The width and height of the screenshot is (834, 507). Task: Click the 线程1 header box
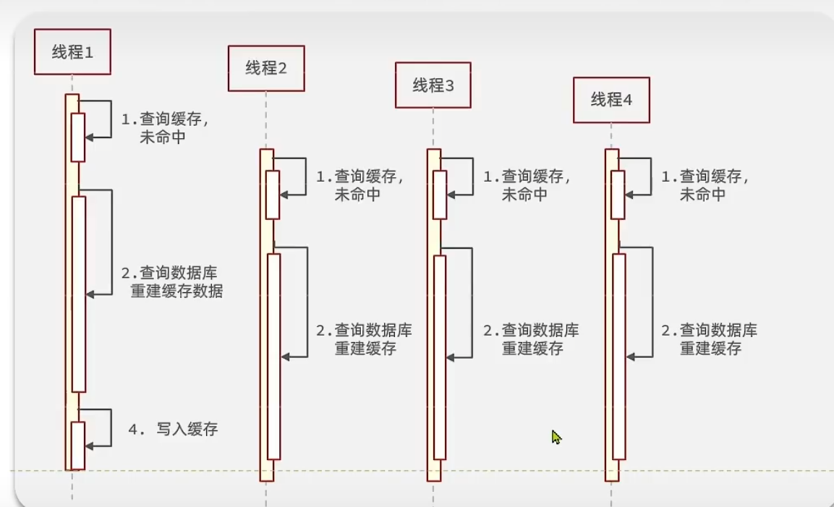[x=72, y=52]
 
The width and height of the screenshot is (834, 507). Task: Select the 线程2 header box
[x=266, y=69]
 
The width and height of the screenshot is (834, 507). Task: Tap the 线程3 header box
[x=433, y=85]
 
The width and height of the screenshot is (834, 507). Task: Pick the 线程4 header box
[x=611, y=101]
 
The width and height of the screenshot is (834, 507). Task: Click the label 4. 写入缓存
[x=173, y=430]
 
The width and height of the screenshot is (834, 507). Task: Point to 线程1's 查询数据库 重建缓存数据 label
[x=172, y=282]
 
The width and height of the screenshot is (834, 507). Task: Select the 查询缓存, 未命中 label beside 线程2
[x=360, y=185]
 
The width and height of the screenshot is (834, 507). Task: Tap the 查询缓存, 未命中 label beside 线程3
[x=527, y=185]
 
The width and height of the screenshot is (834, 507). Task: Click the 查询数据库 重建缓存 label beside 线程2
[x=365, y=339]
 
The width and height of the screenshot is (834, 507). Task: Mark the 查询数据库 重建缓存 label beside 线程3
[x=532, y=339]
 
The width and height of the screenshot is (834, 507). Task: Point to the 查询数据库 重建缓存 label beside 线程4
[x=710, y=339]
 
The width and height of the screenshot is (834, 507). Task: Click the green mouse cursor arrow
[x=556, y=437]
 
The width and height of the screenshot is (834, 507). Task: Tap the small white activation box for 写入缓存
[x=78, y=445]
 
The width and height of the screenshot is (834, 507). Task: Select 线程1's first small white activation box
[x=78, y=137]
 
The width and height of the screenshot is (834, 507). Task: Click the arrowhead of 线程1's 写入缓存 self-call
[x=88, y=446]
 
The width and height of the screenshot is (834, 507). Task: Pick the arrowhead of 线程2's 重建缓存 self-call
[x=284, y=357]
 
